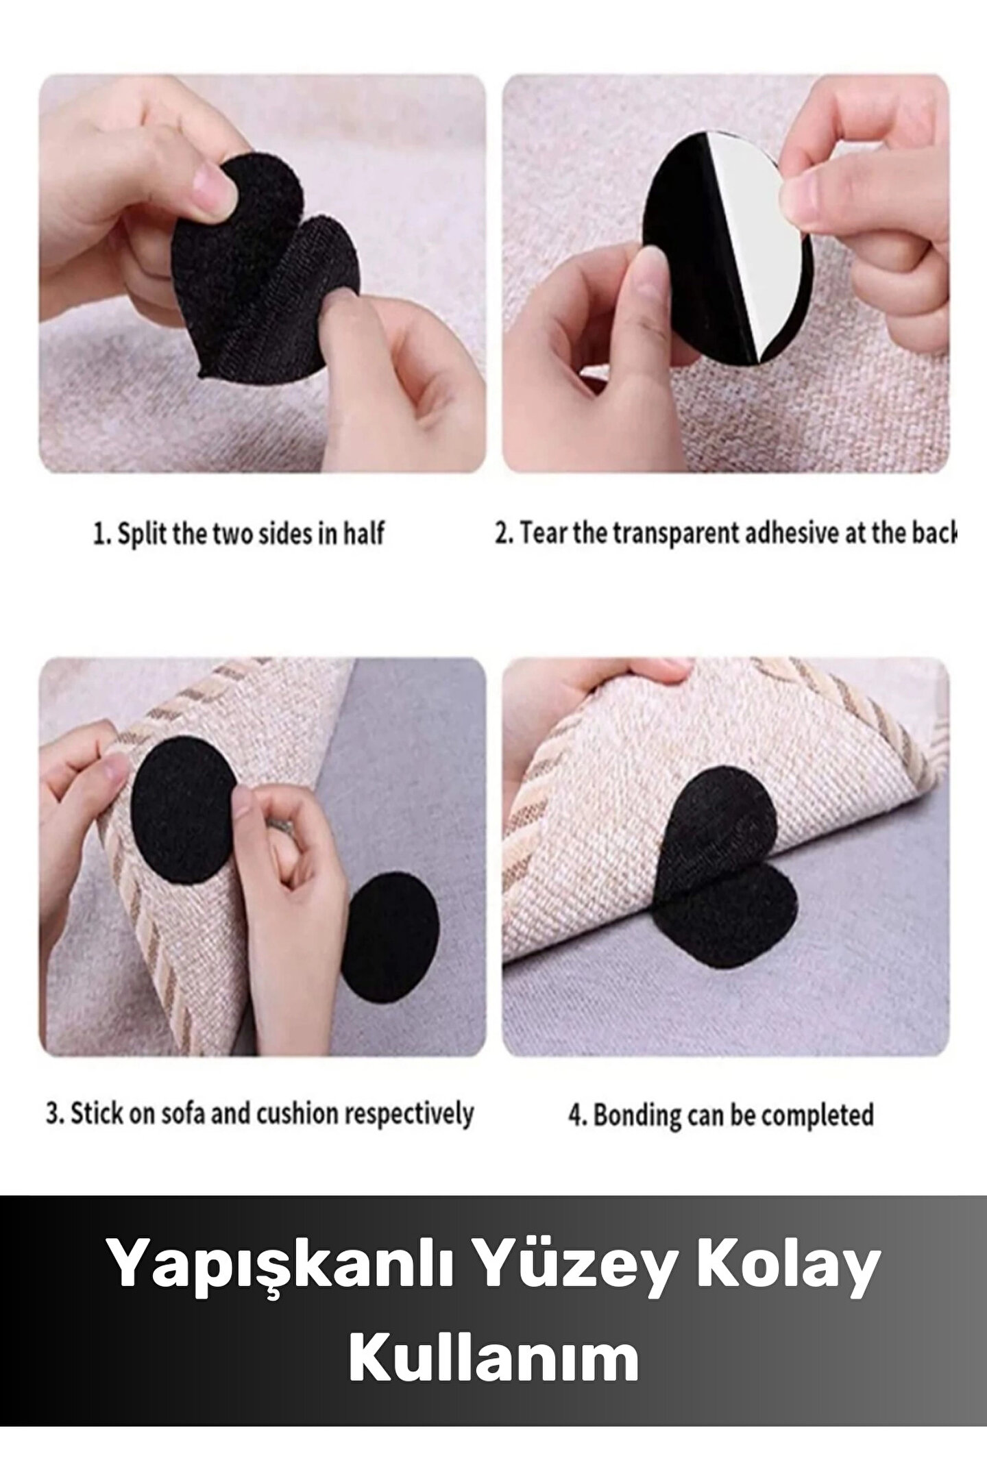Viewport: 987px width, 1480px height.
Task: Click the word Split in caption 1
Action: [143, 533]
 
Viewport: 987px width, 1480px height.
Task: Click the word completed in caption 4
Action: [818, 1115]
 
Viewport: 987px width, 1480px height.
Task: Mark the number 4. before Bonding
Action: [577, 1115]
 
